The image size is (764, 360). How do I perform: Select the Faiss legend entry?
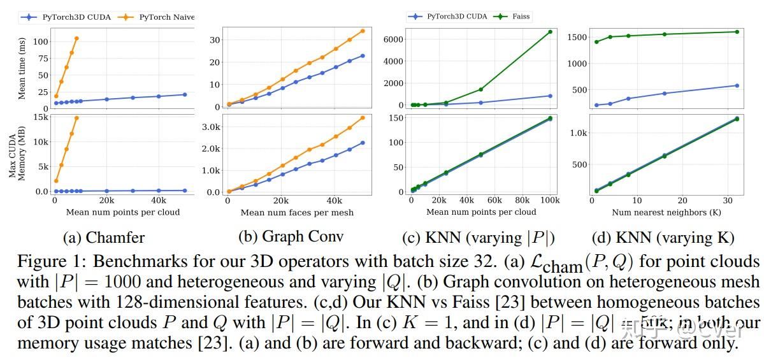click(x=519, y=17)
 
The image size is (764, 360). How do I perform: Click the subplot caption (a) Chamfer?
click(x=104, y=238)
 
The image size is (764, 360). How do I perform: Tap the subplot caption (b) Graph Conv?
click(x=291, y=236)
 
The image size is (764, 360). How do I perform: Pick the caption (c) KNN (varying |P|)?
click(x=479, y=238)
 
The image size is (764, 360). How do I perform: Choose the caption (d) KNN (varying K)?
click(x=663, y=238)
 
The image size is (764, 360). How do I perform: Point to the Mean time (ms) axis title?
click(x=22, y=68)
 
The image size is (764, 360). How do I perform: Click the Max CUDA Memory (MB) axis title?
click(x=17, y=155)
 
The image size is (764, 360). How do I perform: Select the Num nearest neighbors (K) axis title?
click(x=663, y=212)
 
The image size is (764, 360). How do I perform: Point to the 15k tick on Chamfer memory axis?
click(x=41, y=117)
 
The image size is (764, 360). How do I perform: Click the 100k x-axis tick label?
click(x=550, y=201)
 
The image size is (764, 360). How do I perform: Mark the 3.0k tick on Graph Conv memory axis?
click(x=211, y=127)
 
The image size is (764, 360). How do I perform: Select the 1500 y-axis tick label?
click(x=576, y=38)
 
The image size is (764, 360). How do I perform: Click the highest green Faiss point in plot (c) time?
click(x=550, y=31)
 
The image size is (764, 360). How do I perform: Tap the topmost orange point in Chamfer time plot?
click(x=76, y=38)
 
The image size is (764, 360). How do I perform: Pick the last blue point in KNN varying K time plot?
click(x=737, y=85)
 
